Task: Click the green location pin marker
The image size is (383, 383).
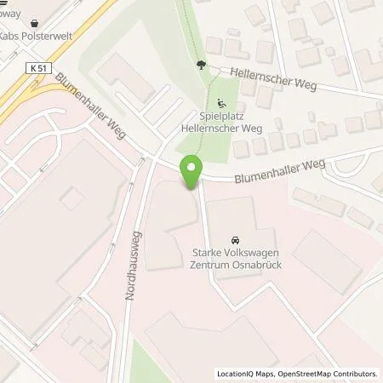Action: [191, 171]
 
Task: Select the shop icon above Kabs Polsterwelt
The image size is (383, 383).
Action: [33, 25]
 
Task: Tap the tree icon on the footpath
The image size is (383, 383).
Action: [201, 65]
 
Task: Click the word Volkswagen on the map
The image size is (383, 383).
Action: [260, 253]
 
